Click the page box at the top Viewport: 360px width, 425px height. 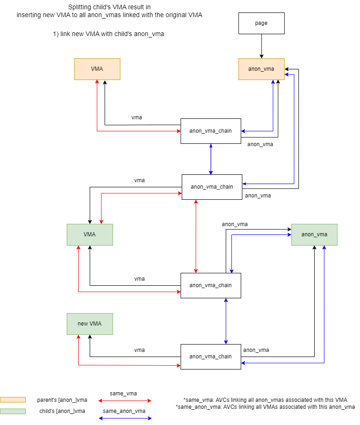click(x=261, y=23)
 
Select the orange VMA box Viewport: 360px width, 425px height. click(x=97, y=69)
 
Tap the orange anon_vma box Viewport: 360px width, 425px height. click(x=261, y=69)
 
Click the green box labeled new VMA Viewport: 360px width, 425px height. click(x=90, y=324)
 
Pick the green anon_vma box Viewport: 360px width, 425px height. click(x=314, y=234)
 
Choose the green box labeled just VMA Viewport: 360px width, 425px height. click(x=90, y=234)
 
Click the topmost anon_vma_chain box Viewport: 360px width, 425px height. click(x=211, y=131)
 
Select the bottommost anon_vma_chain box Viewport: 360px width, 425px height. click(x=211, y=357)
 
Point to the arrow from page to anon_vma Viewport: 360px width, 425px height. click(x=261, y=46)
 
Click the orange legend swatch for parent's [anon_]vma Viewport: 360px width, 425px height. click(x=13, y=400)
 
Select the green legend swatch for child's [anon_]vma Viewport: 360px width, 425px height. click(x=13, y=411)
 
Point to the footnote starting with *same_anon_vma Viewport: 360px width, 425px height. click(x=265, y=407)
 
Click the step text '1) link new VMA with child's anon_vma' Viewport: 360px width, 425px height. click(x=109, y=34)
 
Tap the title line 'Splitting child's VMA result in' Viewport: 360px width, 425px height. click(x=109, y=7)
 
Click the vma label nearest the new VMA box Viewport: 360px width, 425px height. click(x=139, y=350)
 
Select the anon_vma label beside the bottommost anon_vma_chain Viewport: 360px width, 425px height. click(x=256, y=350)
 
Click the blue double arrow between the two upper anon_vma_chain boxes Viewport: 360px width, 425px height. click(x=211, y=159)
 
